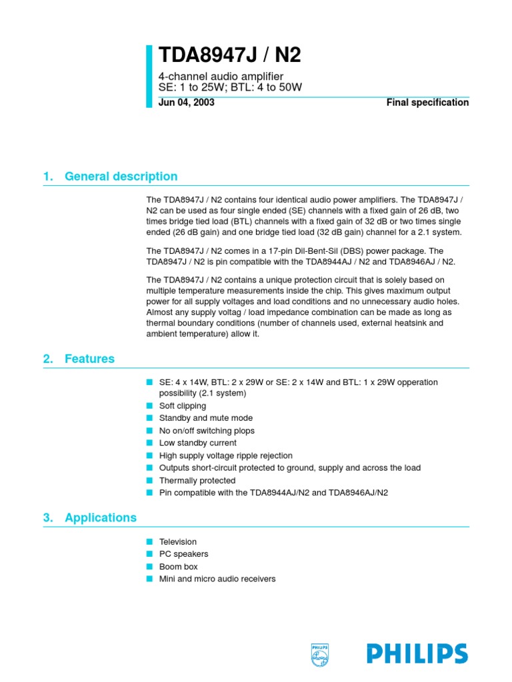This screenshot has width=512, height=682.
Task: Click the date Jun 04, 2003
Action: point(187,103)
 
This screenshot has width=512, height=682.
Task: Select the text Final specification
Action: point(427,103)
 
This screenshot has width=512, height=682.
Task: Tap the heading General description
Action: point(121,176)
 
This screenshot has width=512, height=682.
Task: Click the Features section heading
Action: point(89,359)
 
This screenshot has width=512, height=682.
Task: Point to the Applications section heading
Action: point(101,517)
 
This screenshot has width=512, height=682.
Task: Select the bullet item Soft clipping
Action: point(183,406)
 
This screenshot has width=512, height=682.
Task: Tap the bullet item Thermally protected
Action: point(197,480)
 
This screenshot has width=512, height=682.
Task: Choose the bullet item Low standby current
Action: point(198,443)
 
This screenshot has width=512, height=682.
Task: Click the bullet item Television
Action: point(178,542)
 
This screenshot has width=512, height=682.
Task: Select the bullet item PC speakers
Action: point(184,554)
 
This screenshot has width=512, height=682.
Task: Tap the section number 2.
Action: point(47,359)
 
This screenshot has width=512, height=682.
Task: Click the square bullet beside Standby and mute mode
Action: point(149,418)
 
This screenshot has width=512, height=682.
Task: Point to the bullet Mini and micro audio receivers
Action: point(217,579)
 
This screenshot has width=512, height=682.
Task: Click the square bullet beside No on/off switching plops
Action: point(149,430)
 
